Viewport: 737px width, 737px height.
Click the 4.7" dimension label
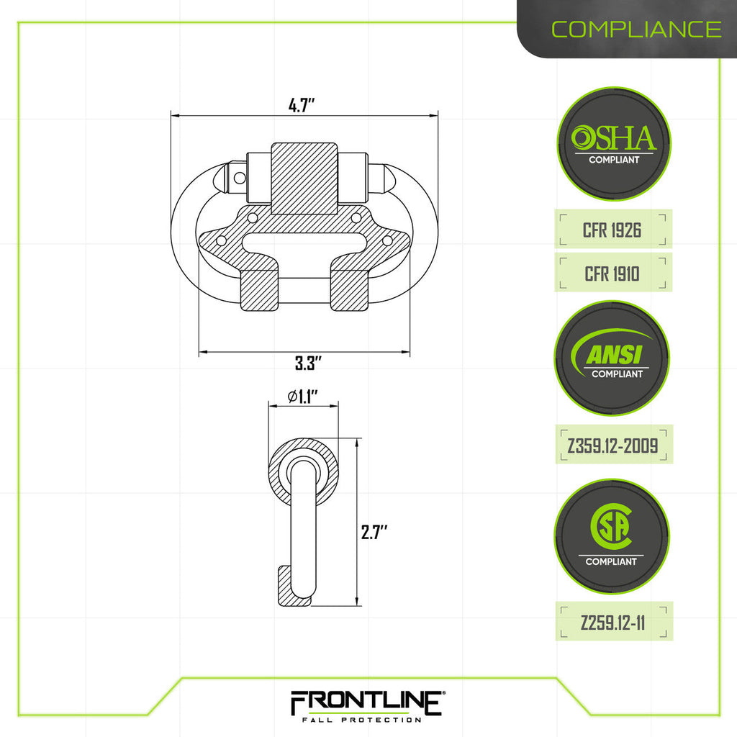302,105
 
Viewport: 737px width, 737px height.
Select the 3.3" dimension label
307,363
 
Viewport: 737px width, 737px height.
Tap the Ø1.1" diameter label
302,396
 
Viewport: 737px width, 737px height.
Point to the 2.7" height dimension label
374,533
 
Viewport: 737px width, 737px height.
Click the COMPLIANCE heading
636,29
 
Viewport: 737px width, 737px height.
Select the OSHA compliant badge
614,144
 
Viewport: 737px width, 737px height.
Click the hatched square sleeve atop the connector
304,178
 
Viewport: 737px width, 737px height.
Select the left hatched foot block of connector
259,289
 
